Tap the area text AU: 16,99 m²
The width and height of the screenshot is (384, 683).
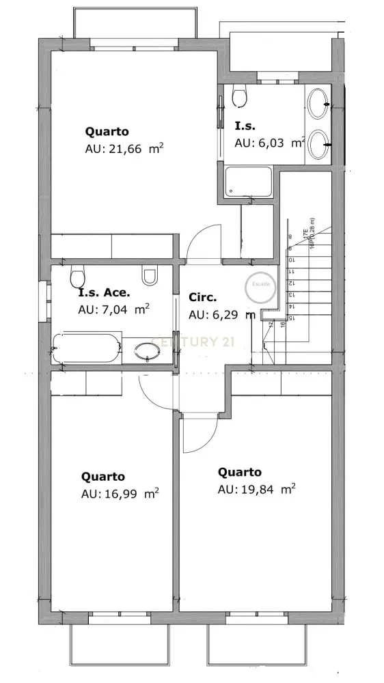coord(120,494)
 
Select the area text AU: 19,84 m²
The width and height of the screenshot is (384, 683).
coord(256,489)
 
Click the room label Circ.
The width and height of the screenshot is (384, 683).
coord(202,298)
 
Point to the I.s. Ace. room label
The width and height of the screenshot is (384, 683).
coord(104,292)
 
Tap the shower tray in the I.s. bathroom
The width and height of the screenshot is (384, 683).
coord(249,182)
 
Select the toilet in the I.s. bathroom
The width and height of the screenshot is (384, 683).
coord(239,96)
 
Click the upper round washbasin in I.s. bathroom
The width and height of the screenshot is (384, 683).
coord(318,104)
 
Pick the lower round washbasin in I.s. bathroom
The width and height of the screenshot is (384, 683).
coord(318,144)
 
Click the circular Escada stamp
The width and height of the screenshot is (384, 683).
coord(260,288)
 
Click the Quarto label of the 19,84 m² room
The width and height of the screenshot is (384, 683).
coord(239,472)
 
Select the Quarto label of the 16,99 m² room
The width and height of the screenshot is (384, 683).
coord(102,476)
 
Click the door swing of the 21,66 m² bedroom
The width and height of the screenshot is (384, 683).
coord(202,242)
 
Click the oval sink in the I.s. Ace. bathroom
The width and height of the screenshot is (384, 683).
coord(147,351)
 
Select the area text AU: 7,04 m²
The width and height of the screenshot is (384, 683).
coord(113,309)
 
